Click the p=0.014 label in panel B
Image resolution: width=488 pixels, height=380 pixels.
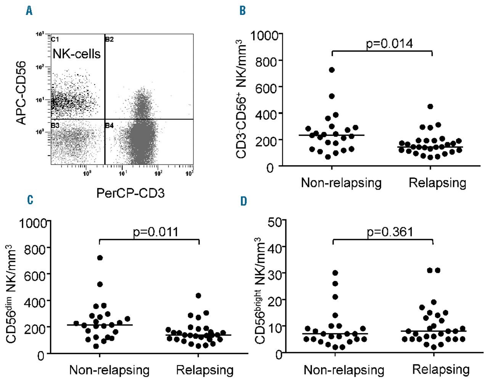point(389,44)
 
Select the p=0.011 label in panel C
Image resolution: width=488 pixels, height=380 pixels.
point(156,232)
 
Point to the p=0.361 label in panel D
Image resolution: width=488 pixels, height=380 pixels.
point(390,232)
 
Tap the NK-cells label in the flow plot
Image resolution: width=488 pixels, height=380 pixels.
point(77,54)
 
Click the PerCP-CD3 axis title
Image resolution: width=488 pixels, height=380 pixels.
point(130,193)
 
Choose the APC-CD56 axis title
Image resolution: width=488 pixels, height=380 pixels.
point(22,93)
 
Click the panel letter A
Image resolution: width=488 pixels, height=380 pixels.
point(29,11)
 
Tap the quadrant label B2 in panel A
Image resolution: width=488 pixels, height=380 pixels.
point(109,39)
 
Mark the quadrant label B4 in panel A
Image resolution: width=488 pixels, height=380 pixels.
point(109,126)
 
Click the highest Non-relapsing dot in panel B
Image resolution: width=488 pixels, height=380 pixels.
point(332,70)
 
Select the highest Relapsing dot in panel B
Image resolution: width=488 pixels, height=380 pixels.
point(430,106)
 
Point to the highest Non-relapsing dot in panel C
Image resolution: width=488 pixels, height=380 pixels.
point(100,258)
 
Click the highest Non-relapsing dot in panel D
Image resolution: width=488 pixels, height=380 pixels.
point(335,273)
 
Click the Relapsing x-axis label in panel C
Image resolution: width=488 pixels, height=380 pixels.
point(205,370)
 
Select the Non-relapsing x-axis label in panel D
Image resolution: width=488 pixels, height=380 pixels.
point(344,370)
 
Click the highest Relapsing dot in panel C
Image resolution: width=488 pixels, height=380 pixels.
point(198,295)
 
